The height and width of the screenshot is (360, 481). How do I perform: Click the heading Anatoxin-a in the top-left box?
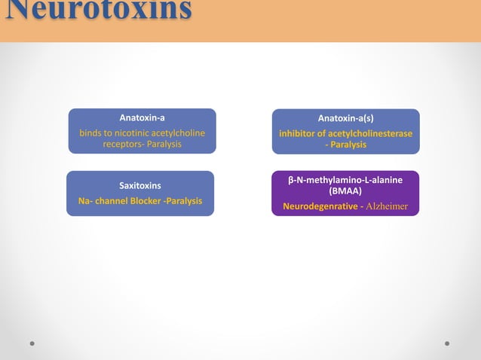pyautogui.click(x=142, y=118)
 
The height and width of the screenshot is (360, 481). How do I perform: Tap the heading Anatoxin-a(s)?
pyautogui.click(x=345, y=118)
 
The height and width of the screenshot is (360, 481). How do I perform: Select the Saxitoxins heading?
pyautogui.click(x=140, y=185)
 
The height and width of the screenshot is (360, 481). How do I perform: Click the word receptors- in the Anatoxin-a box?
pyautogui.click(x=122, y=144)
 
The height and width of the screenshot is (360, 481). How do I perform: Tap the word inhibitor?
pyautogui.click(x=297, y=133)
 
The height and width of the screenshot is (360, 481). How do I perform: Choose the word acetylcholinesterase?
pyautogui.click(x=371, y=133)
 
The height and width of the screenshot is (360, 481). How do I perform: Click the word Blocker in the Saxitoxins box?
pyautogui.click(x=145, y=201)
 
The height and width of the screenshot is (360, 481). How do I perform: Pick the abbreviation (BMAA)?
pyautogui.click(x=345, y=191)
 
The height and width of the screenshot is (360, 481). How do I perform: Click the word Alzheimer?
pyautogui.click(x=387, y=206)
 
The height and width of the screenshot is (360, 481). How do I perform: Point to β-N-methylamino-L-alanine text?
pyautogui.click(x=345, y=180)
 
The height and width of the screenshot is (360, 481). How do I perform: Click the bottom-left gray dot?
pyautogui.click(x=32, y=343)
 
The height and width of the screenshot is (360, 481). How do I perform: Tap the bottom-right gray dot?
pyautogui.click(x=448, y=343)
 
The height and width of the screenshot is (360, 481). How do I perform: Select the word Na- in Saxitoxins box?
pyautogui.click(x=85, y=201)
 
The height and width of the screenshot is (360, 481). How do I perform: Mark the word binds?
pyautogui.click(x=91, y=133)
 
